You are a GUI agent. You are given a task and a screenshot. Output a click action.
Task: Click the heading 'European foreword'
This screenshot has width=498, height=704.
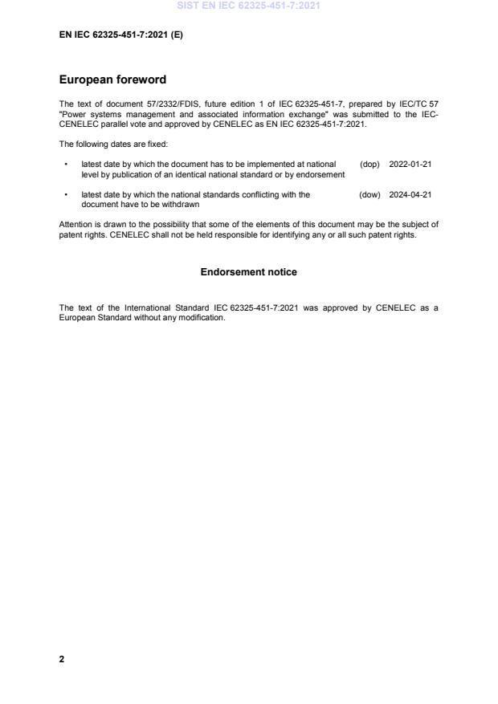click(x=112, y=80)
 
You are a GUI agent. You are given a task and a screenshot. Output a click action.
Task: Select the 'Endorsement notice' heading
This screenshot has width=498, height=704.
click(x=248, y=272)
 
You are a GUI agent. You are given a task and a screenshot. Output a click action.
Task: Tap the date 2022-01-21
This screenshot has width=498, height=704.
click(x=410, y=164)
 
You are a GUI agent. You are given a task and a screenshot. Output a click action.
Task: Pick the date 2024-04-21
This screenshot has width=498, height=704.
click(x=410, y=194)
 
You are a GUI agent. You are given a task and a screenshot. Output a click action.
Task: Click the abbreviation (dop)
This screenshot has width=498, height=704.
click(x=369, y=164)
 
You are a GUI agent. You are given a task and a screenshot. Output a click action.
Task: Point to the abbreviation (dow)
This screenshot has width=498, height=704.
click(x=369, y=194)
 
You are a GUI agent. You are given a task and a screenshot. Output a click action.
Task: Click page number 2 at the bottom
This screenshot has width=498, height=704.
click(x=62, y=659)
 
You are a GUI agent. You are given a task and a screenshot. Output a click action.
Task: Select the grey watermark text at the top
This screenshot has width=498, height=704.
click(x=248, y=6)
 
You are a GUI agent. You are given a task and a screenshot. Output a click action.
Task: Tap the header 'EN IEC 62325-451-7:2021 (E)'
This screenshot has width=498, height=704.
click(x=120, y=35)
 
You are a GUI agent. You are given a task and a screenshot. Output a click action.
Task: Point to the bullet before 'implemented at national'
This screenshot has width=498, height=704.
click(x=64, y=165)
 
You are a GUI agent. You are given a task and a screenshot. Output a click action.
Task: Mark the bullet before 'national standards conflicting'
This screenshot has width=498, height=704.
click(x=64, y=195)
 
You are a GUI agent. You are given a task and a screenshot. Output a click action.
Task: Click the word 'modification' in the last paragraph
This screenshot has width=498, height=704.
click(x=202, y=317)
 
